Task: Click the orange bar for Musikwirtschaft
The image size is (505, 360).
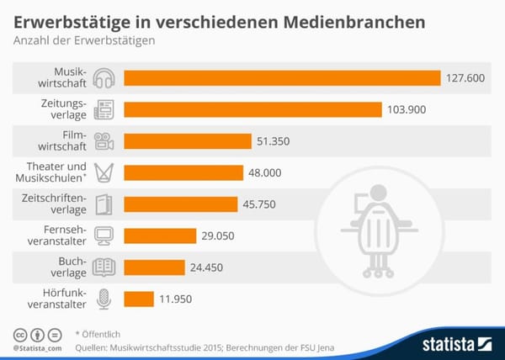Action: [282, 78]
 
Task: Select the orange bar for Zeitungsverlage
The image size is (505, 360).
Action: [252, 109]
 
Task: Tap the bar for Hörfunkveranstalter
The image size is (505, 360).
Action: [139, 299]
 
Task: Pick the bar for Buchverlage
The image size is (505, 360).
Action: [154, 267]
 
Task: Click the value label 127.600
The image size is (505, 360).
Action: [465, 78]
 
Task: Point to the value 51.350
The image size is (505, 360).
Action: [274, 141]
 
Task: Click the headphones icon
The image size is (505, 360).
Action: [104, 78]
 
